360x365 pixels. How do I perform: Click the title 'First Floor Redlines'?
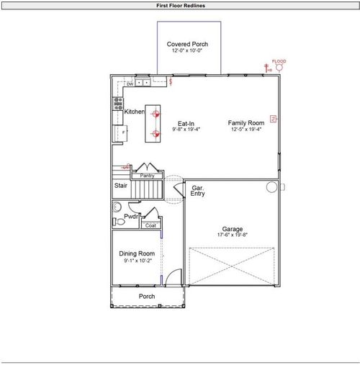click(x=180, y=5)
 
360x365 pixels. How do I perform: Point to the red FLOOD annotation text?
click(x=279, y=62)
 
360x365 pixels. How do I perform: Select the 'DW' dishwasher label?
click(x=130, y=84)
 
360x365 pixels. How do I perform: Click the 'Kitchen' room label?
click(x=134, y=112)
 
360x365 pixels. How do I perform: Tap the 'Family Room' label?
click(x=246, y=123)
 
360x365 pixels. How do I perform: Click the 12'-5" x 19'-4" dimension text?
click(x=246, y=130)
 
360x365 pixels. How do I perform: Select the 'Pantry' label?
click(x=147, y=176)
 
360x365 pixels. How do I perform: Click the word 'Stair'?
click(x=122, y=186)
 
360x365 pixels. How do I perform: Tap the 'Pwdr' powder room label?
click(x=131, y=217)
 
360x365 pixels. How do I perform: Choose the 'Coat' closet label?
click(x=150, y=225)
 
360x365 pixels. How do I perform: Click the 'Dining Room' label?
click(x=137, y=254)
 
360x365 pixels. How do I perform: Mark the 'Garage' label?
click(x=232, y=228)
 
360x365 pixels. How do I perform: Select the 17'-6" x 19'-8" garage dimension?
click(x=232, y=235)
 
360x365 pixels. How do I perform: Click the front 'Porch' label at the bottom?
click(x=146, y=297)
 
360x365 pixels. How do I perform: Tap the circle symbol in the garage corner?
click(x=271, y=187)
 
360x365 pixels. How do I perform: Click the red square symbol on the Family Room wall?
click(x=273, y=118)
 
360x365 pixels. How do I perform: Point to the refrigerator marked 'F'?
click(x=123, y=133)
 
